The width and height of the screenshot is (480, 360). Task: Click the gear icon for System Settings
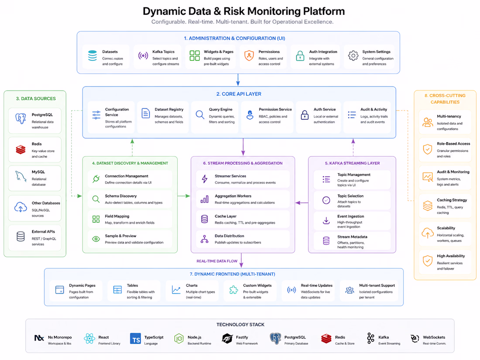tap(353, 56)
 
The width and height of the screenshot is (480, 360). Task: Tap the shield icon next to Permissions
tap(249, 56)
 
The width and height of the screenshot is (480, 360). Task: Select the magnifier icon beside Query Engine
tap(200, 115)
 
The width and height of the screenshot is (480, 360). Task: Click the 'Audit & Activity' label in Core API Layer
tap(374, 109)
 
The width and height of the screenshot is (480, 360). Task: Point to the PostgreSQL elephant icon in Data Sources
tap(21, 118)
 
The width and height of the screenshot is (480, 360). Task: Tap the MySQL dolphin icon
tap(21, 176)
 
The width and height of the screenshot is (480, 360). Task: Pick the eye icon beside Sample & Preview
tap(96, 239)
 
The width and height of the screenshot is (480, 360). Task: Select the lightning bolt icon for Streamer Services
tap(205, 179)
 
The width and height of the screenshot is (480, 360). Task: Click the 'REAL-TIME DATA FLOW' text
tap(217, 261)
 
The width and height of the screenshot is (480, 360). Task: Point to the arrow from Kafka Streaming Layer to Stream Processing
tap(302, 202)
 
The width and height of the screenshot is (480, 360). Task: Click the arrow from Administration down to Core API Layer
tap(238, 80)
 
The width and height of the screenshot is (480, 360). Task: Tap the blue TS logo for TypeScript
tap(135, 339)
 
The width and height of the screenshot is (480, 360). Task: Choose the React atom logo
tap(89, 339)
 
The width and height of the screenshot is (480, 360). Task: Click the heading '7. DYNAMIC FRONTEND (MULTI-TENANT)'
tap(232, 274)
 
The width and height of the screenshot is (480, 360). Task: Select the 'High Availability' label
tap(451, 256)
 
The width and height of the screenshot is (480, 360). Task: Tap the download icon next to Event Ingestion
tap(326, 220)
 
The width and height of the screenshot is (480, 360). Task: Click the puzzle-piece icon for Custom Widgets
tap(233, 290)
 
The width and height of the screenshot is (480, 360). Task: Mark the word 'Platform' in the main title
tap(324, 11)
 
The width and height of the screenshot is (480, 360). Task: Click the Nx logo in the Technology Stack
tap(39, 338)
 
